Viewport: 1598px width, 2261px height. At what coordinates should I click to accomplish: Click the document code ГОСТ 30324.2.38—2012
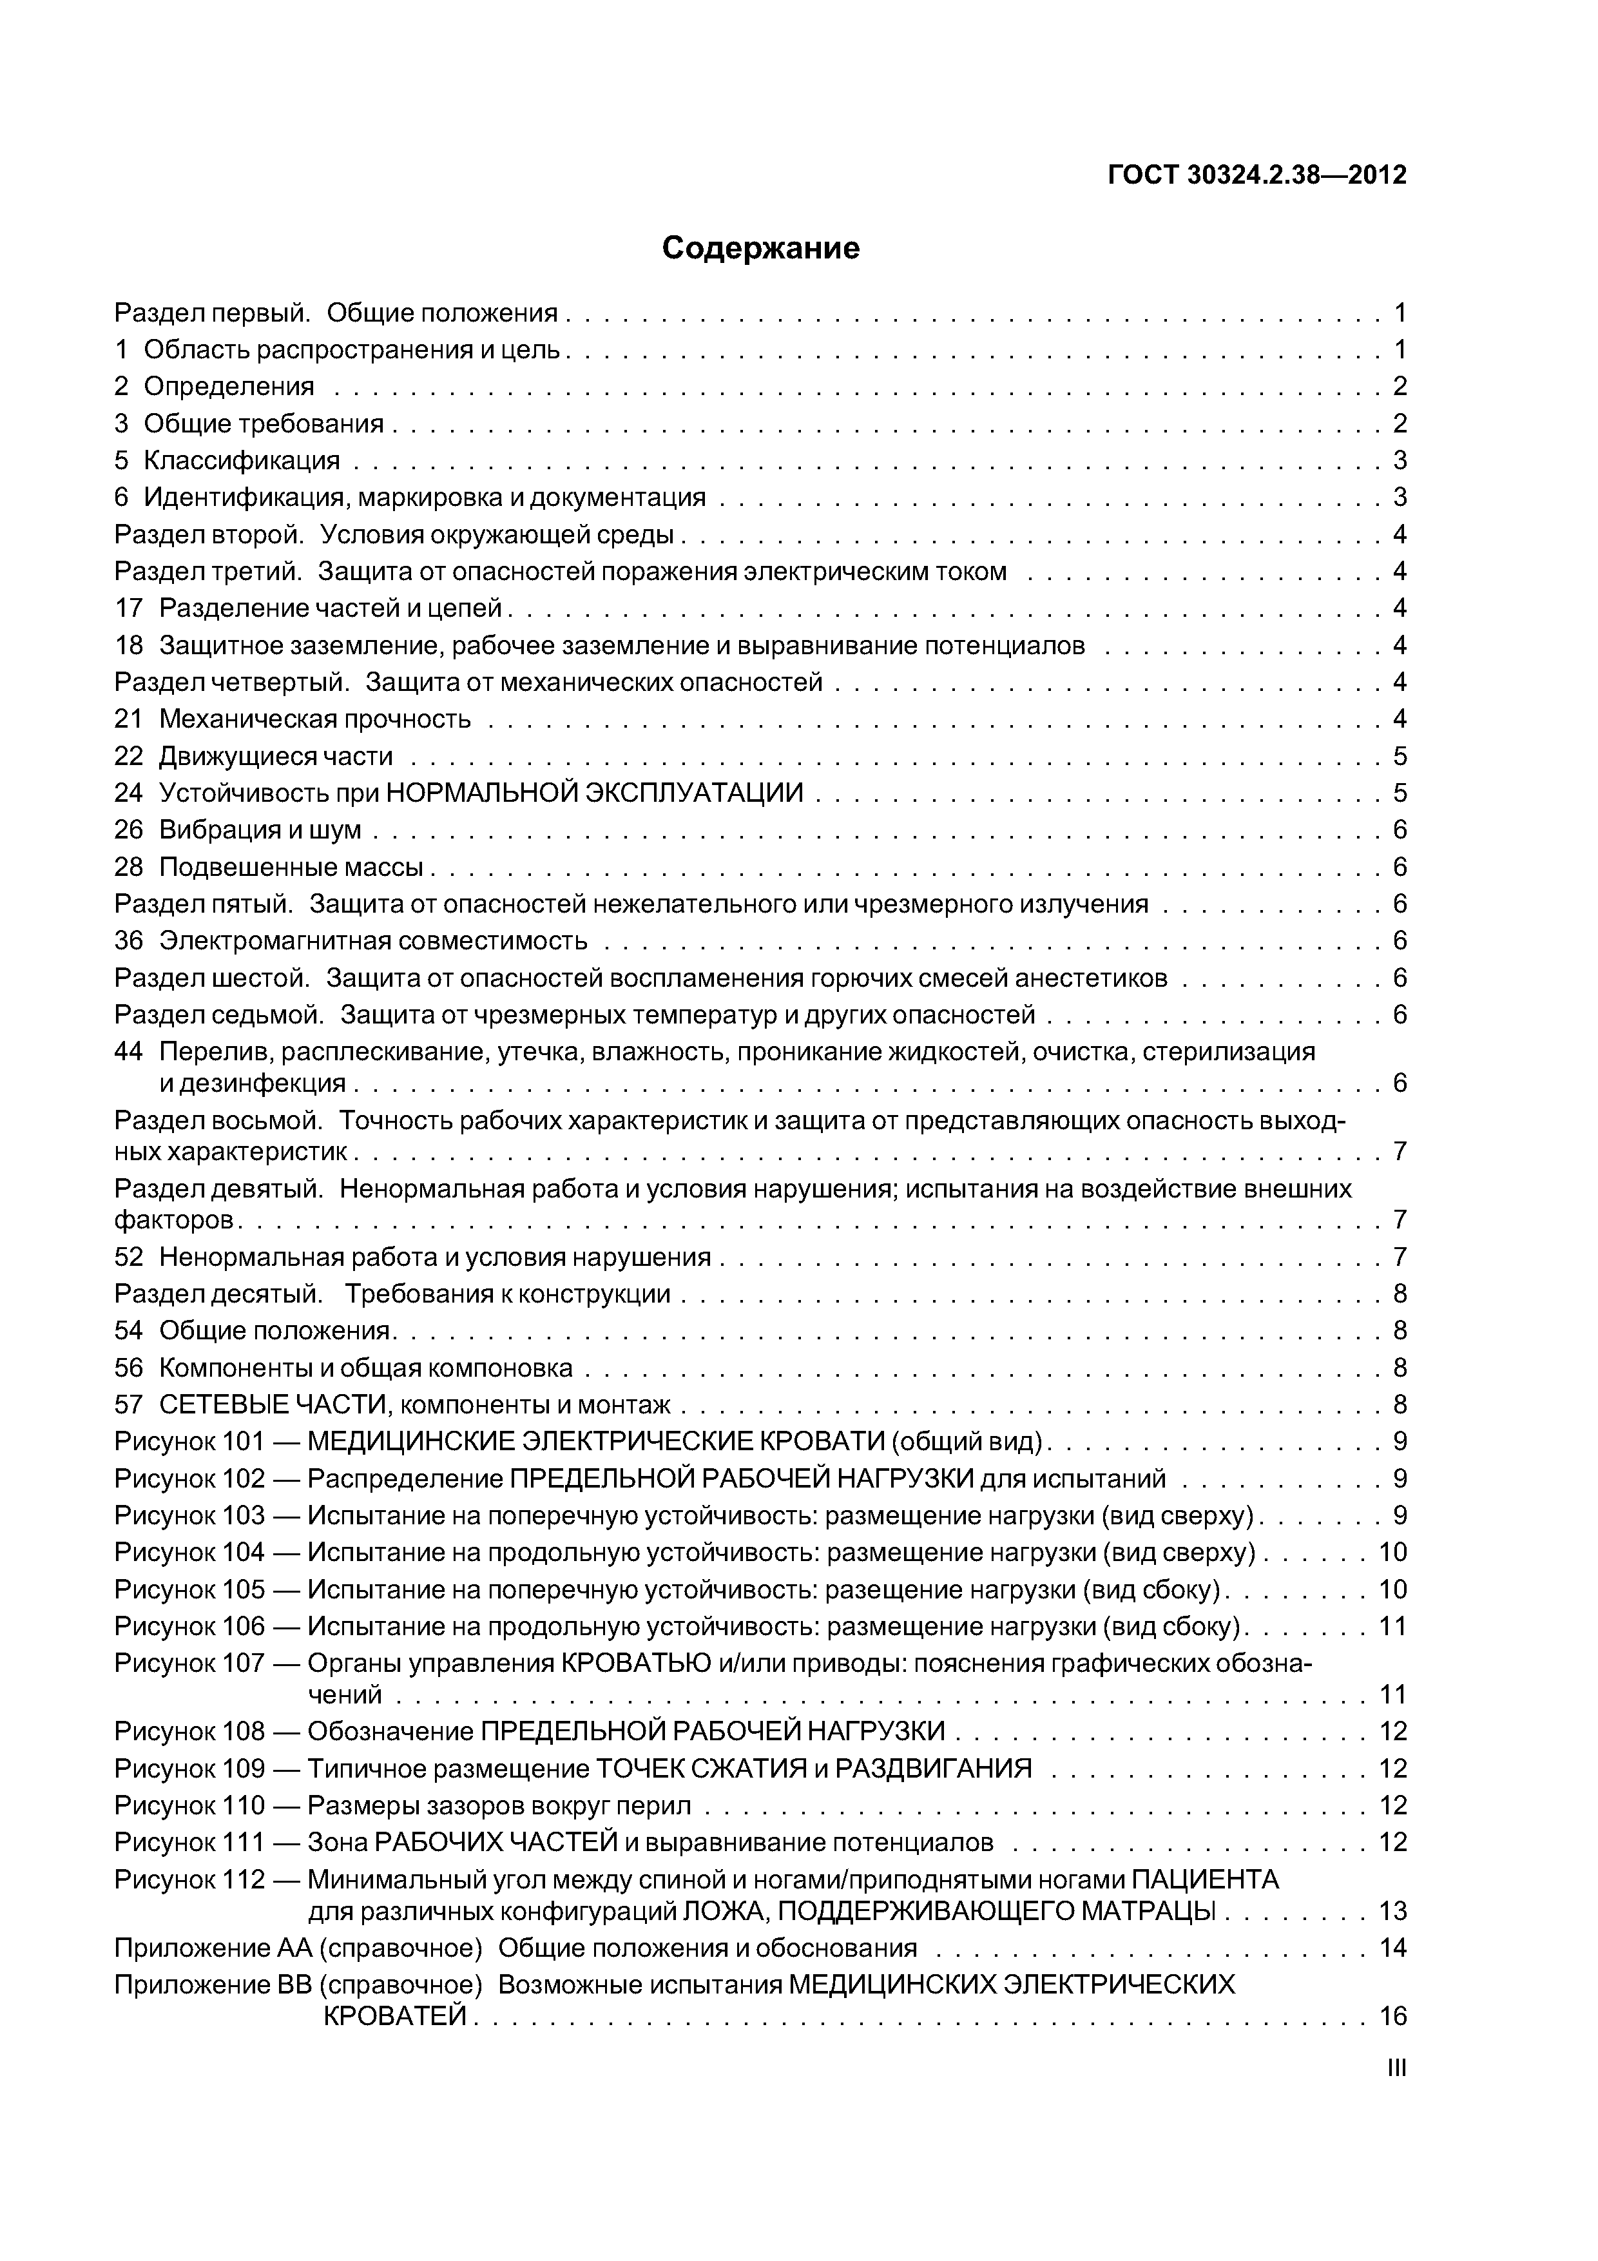(1257, 175)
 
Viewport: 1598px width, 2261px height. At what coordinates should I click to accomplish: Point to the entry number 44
(128, 1052)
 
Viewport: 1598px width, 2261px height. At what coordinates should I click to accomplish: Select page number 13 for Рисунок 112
(1393, 1912)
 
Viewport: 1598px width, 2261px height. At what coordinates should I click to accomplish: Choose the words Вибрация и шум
(260, 830)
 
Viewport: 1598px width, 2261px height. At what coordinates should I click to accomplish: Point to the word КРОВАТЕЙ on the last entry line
(396, 2016)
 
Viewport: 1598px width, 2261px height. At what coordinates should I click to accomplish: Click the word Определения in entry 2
(229, 386)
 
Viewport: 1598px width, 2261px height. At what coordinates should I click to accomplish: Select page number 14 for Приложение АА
(1393, 1948)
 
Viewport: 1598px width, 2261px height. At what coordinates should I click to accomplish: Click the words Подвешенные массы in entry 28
(291, 868)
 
